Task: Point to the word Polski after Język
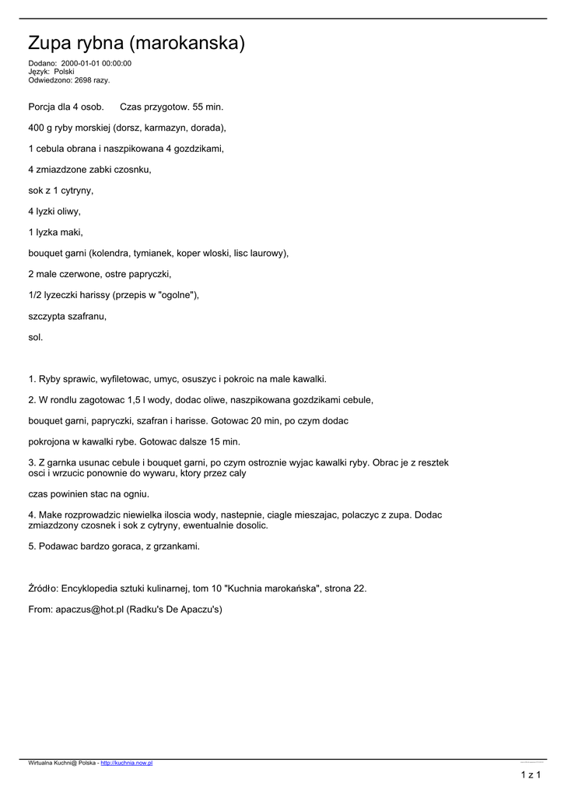pyautogui.click(x=65, y=71)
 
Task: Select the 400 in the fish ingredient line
pyautogui.click(x=37, y=127)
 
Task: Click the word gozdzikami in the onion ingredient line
pyautogui.click(x=198, y=148)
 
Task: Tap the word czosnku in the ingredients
pyautogui.click(x=134, y=169)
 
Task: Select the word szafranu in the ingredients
pyautogui.click(x=88, y=316)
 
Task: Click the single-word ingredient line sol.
pyautogui.click(x=36, y=337)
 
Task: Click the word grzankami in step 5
pyautogui.click(x=175, y=546)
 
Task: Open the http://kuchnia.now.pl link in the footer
pyautogui.click(x=127, y=763)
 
